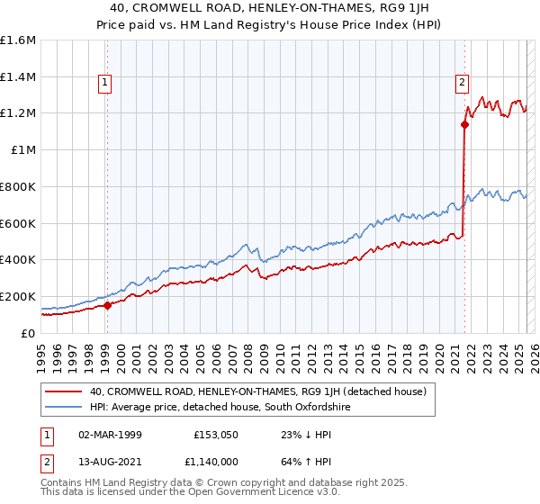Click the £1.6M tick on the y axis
[18, 40]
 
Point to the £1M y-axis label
[23, 150]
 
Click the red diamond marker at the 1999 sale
[107, 305]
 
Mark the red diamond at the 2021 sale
[464, 125]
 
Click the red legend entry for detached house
[263, 391]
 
